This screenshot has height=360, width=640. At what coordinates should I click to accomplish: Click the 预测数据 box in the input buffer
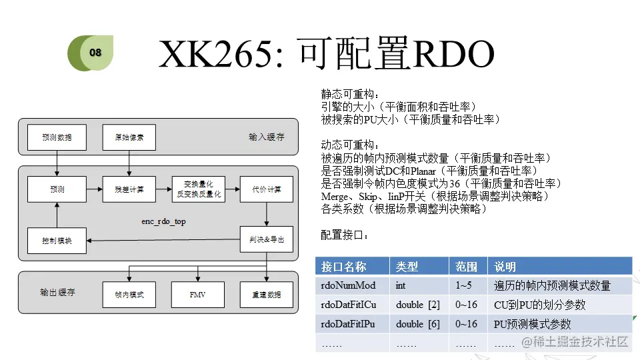[57, 137]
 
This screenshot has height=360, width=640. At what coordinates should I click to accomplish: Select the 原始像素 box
[129, 137]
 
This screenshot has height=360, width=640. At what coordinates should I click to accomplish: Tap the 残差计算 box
[129, 189]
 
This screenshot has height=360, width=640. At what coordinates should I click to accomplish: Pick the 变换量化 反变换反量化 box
[198, 189]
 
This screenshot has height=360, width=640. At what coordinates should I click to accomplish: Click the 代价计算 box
[267, 189]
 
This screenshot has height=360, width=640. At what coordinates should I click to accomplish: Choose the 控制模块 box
[57, 240]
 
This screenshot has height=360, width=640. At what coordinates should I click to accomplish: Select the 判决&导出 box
[267, 239]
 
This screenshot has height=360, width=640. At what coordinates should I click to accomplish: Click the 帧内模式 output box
[129, 294]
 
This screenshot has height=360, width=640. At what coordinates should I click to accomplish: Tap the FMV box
[198, 294]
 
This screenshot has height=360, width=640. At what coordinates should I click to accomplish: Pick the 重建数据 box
[267, 294]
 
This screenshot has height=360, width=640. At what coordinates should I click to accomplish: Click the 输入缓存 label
[266, 137]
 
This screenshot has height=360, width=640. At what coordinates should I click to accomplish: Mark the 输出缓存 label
[57, 293]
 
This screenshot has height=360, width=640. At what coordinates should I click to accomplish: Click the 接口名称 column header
[344, 267]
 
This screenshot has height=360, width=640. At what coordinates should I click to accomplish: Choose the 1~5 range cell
[464, 285]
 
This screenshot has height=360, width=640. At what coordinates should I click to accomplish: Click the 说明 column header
[505, 267]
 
